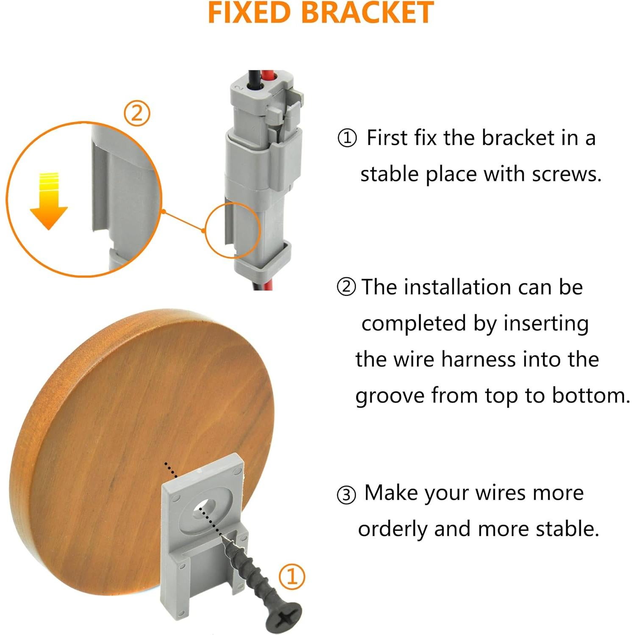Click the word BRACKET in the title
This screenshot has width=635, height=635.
point(368,13)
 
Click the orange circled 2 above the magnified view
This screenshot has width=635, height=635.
point(136,114)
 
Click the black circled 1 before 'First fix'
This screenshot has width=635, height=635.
point(347,139)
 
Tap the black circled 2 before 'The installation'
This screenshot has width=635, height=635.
point(346,287)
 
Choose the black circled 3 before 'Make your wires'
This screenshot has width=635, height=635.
point(346,494)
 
